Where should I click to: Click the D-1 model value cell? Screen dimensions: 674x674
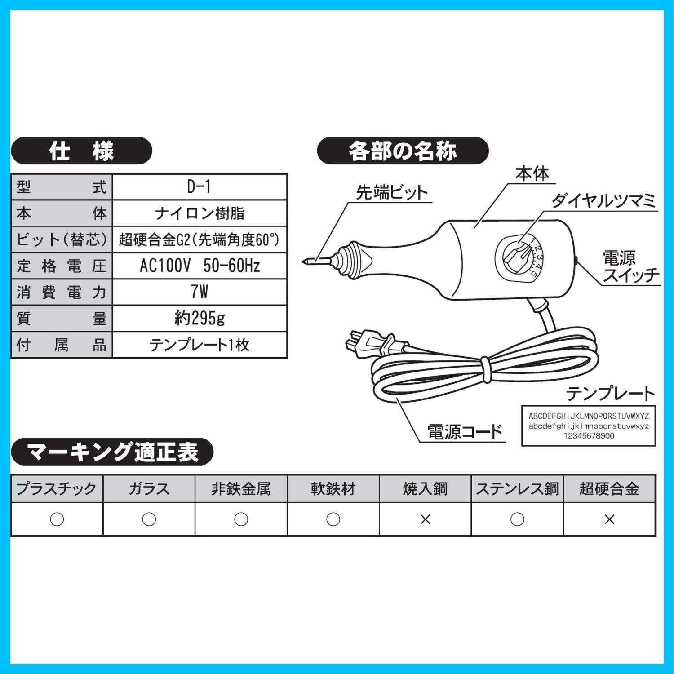click(x=200, y=187)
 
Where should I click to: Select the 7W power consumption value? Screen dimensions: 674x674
click(x=200, y=292)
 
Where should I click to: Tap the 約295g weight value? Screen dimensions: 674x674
click(x=200, y=319)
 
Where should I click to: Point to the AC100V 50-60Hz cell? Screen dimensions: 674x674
click(x=200, y=266)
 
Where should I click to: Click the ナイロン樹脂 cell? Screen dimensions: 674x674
click(x=200, y=213)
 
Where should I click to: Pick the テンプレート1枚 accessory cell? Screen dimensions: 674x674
click(x=200, y=345)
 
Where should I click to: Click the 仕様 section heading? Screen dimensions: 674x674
click(x=81, y=151)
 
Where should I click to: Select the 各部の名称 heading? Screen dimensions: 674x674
click(x=403, y=151)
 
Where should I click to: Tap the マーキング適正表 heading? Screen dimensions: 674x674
click(x=112, y=452)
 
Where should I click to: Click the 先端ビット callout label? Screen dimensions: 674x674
click(x=391, y=192)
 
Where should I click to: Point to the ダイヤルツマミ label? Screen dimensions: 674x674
click(x=603, y=200)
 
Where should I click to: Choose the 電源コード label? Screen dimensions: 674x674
click(x=464, y=432)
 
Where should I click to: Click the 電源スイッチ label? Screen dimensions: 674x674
click(x=631, y=266)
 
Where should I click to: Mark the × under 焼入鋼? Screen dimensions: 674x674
click(x=425, y=519)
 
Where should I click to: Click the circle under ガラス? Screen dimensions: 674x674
click(x=149, y=519)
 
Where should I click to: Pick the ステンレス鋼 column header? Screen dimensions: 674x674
click(x=517, y=488)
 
